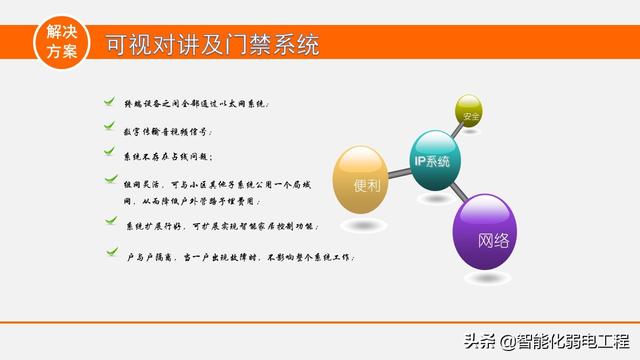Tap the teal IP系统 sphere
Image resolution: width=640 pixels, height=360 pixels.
pyautogui.click(x=432, y=160)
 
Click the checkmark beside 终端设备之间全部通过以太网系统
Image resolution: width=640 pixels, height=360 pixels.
pyautogui.click(x=109, y=102)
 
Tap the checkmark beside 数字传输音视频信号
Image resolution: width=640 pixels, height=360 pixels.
pyautogui.click(x=109, y=128)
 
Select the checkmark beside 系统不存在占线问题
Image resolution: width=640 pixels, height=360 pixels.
pyautogui.click(x=109, y=153)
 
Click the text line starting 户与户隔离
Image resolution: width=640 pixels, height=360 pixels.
pyautogui.click(x=234, y=257)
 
